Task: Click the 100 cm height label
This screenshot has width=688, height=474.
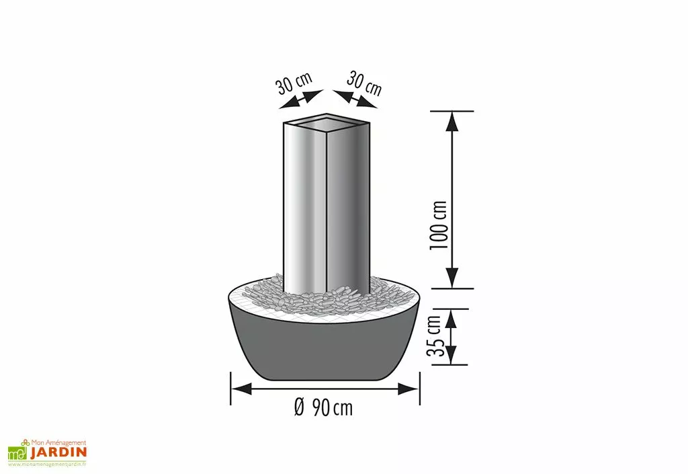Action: [x=439, y=225]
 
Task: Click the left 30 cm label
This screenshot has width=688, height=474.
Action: [x=294, y=84]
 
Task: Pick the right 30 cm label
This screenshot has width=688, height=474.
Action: [x=365, y=83]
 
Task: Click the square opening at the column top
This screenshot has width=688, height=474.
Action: [x=327, y=123]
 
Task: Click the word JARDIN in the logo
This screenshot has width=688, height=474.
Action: [x=58, y=452]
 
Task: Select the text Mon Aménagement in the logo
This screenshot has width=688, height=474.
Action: [x=60, y=442]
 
